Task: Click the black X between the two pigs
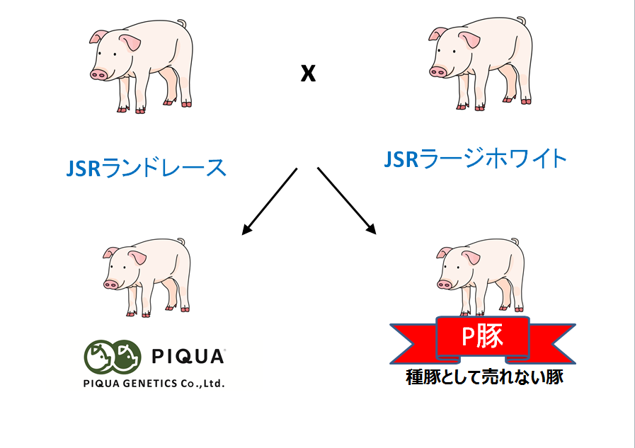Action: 308,73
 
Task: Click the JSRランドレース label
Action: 146,168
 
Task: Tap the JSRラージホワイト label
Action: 474,159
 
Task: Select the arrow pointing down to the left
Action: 270,201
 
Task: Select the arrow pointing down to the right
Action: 347,201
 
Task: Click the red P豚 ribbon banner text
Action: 482,336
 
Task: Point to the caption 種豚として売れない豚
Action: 484,377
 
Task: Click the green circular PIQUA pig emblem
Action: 113,356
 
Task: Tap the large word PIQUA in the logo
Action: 188,357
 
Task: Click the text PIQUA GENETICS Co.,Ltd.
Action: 154,384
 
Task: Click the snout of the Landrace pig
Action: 98,74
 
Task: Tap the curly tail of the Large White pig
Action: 521,21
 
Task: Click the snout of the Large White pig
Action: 437,72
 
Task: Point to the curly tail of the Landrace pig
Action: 182,24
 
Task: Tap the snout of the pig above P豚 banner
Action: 445,284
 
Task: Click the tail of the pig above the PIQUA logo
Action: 181,241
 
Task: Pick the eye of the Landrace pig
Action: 115,54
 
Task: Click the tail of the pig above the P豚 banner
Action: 515,241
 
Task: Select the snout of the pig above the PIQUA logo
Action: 110,285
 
